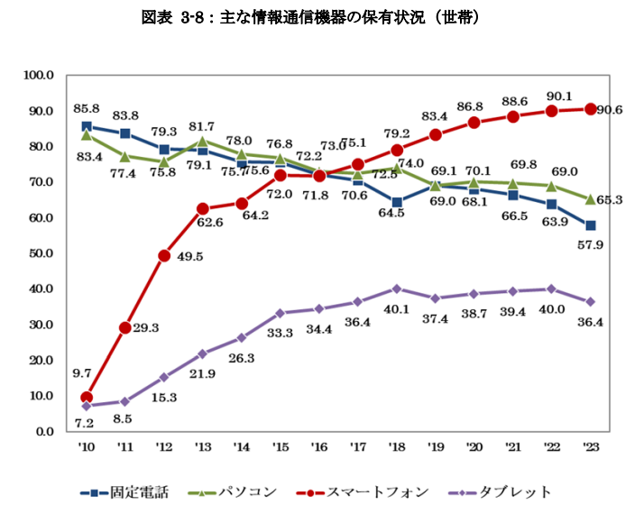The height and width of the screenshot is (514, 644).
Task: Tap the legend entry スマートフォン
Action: tap(380, 491)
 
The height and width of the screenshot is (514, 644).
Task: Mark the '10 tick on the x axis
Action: tap(86, 445)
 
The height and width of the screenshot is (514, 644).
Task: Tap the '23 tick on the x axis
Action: tap(591, 445)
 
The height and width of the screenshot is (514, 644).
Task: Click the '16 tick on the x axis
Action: tap(319, 445)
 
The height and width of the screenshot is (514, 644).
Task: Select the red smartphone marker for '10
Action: tap(87, 397)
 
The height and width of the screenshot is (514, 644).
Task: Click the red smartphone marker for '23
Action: tap(591, 109)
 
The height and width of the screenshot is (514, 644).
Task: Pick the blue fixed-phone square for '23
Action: tap(591, 225)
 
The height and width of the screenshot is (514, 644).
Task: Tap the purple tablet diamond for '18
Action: tap(397, 289)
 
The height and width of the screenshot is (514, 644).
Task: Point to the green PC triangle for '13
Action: tap(203, 141)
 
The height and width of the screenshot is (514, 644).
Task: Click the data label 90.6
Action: tap(615, 110)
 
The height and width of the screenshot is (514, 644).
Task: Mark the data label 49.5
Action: tap(190, 256)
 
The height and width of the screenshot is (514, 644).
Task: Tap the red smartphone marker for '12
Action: tap(164, 255)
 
